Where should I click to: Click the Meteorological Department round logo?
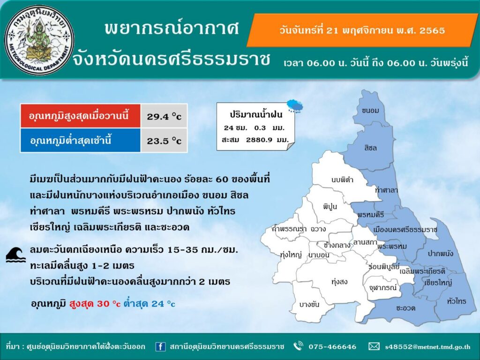[x=39, y=40]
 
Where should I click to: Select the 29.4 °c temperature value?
[x=164, y=116]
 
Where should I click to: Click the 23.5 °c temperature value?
[x=164, y=141]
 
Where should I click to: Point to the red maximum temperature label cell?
[x=81, y=116]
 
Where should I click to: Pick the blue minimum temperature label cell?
[x=81, y=141]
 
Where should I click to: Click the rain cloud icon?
[x=295, y=106]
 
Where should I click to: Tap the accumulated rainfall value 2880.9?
[x=258, y=140]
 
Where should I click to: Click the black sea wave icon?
[x=16, y=255]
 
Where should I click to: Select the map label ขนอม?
[x=370, y=111]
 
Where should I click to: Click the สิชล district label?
[x=370, y=148]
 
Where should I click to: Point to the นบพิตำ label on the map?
[x=342, y=180]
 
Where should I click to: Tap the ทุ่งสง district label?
[x=339, y=281]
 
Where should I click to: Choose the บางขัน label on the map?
[x=309, y=304]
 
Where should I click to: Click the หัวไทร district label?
[x=457, y=301]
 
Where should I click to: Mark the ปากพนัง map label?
[x=440, y=254]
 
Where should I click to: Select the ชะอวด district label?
[x=405, y=308]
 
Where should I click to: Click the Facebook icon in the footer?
[x=160, y=346]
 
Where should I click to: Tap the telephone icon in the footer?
[x=298, y=346]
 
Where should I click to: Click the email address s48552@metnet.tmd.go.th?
[x=427, y=347]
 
